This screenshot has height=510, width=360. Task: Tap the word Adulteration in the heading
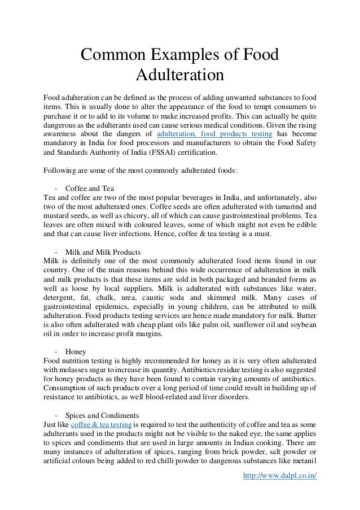180,75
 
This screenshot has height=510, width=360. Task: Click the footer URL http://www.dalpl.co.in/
278,474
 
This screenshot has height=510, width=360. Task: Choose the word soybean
302,324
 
